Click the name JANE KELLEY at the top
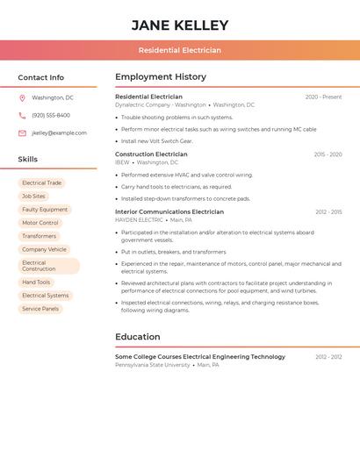[180, 25]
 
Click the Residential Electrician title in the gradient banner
[180, 51]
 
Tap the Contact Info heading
[40, 77]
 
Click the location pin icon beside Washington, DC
[22, 98]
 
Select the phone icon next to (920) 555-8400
[22, 116]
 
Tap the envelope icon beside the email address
[22, 133]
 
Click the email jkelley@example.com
[59, 133]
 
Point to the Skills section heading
[28, 160]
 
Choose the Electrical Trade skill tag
[42, 183]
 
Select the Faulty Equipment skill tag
[45, 210]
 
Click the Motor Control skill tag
[40, 223]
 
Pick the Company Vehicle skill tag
[44, 249]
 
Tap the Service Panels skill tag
[40, 309]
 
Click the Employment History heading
[161, 77]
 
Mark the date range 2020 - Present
[323, 97]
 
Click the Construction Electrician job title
[151, 154]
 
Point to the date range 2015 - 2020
[328, 154]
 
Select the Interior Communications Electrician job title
[169, 211]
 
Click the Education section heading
[138, 337]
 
